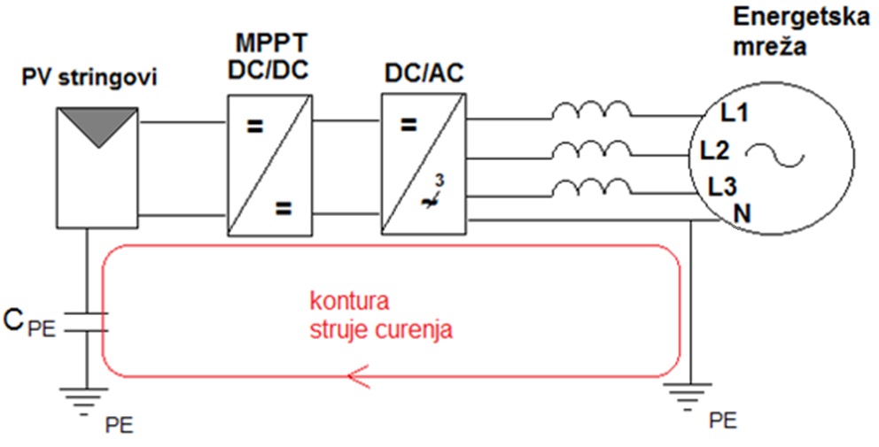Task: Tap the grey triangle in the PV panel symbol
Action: coord(97,126)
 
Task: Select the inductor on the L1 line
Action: coord(592,112)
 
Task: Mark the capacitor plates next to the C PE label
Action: coord(86,321)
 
